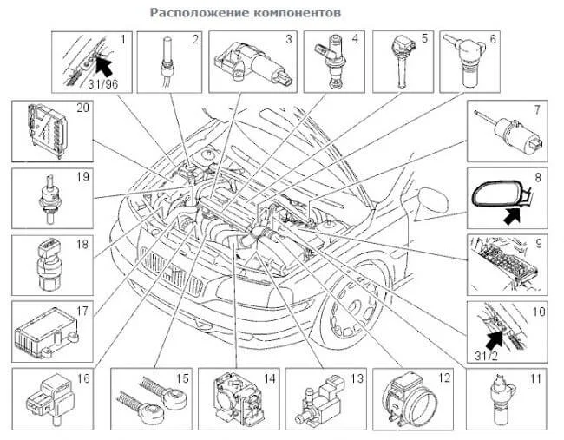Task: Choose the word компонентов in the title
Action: pyautogui.click(x=292, y=14)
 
